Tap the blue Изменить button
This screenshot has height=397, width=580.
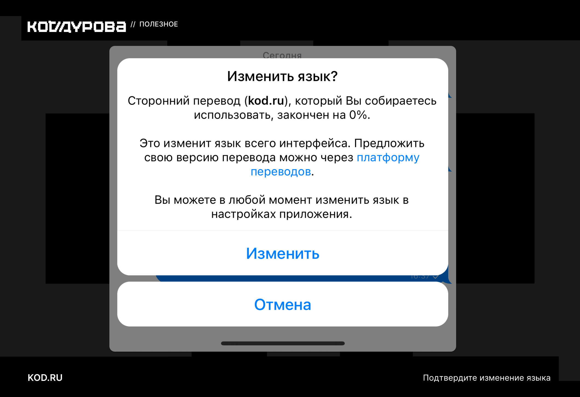(282, 253)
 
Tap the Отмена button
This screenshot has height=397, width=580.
(282, 304)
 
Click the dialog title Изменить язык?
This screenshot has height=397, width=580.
(282, 76)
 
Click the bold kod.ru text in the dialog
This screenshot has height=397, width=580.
(266, 101)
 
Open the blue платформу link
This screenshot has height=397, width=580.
(388, 158)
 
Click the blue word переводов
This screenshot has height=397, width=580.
(281, 172)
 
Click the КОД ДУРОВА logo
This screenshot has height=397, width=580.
(77, 27)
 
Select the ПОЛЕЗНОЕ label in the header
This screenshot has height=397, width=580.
(159, 24)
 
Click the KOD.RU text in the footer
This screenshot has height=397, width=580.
(45, 378)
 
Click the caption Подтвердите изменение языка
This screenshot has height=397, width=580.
(487, 378)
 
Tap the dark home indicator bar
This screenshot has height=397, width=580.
(283, 343)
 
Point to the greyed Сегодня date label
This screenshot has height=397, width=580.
(282, 55)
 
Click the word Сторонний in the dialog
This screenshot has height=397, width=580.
(159, 101)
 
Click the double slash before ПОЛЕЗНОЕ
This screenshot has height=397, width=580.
(133, 24)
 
